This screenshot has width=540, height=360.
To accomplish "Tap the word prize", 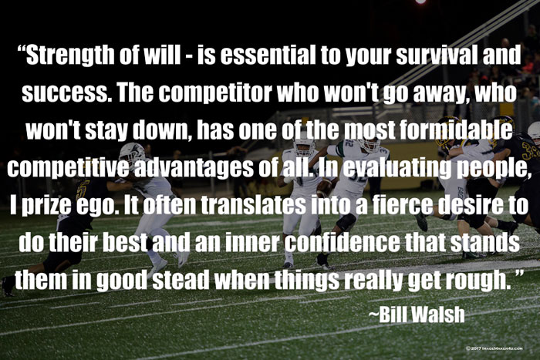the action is [42, 206].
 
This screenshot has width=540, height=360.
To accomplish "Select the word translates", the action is [253, 205].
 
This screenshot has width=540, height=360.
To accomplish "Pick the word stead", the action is [181, 280].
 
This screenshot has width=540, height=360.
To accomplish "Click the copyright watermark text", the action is [495, 348].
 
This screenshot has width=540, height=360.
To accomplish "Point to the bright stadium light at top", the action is [420, 2].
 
